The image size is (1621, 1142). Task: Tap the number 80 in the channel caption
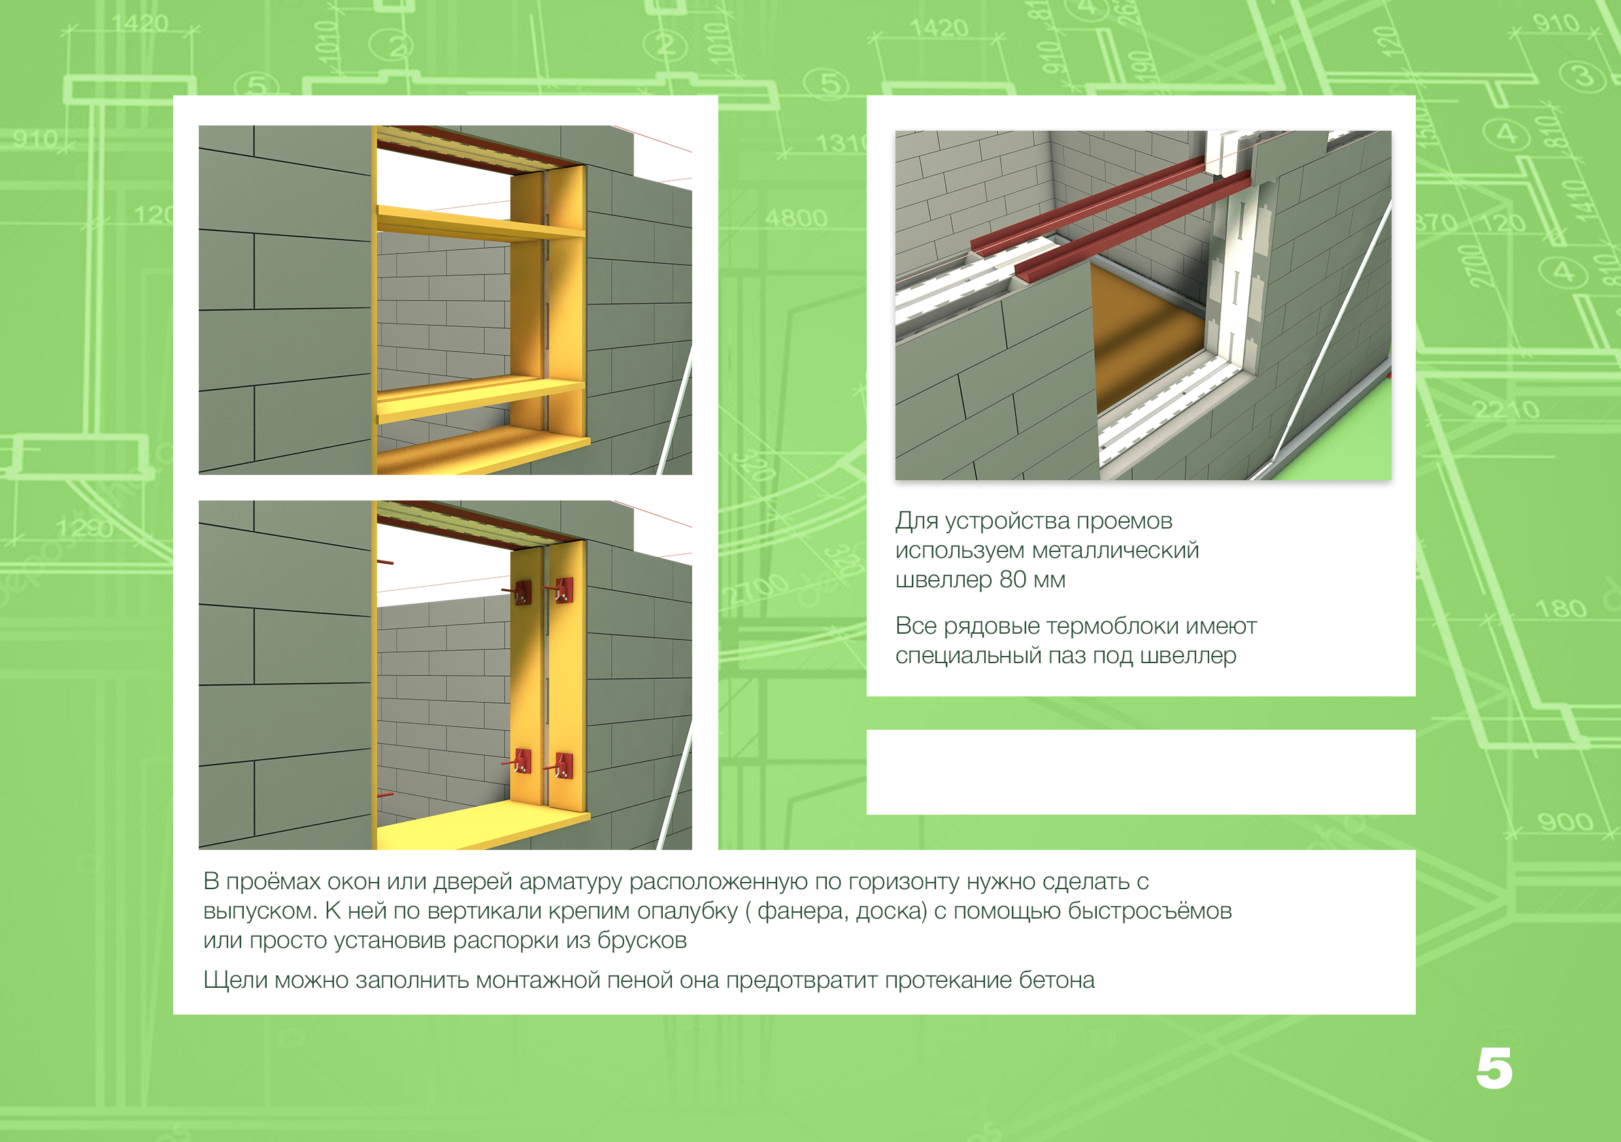pos(1012,579)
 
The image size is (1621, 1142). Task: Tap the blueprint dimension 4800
pos(795,218)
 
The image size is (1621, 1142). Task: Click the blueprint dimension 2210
pos(1506,410)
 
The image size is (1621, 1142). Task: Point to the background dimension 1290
pos(85,528)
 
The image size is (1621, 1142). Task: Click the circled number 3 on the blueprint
pos(1584,75)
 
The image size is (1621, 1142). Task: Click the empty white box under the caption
pos(1141,772)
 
